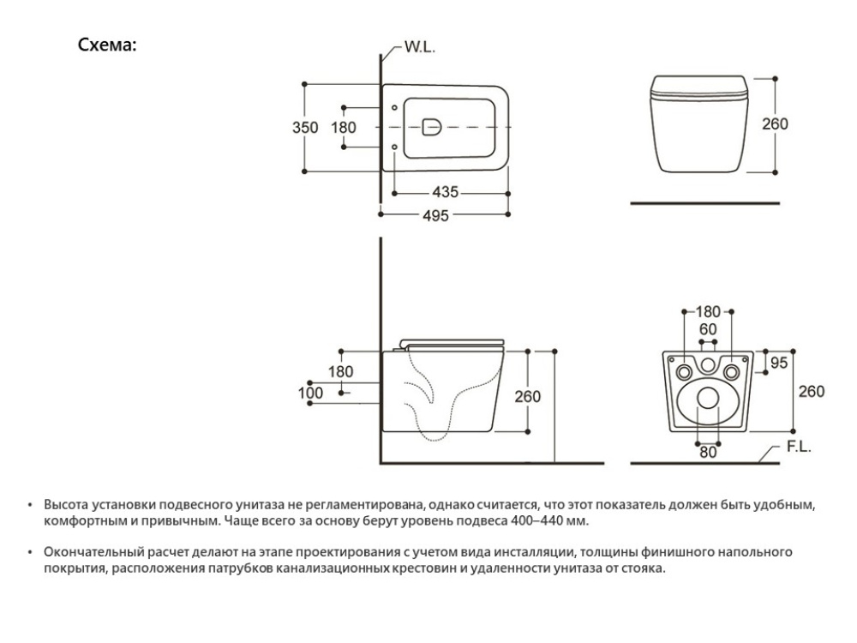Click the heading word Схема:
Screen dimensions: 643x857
click(x=107, y=45)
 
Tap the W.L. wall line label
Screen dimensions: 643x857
click(x=420, y=48)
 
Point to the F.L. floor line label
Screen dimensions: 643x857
click(x=798, y=448)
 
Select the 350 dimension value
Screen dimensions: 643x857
click(x=305, y=128)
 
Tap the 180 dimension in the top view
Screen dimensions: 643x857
click(x=343, y=128)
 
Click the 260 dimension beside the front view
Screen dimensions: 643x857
click(x=776, y=123)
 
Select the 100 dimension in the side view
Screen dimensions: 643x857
click(x=310, y=393)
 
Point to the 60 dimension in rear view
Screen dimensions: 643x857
click(x=708, y=330)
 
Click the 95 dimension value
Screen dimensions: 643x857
click(x=778, y=363)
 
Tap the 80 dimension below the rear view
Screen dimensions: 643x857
click(x=707, y=453)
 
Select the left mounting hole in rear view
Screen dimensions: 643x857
click(x=685, y=372)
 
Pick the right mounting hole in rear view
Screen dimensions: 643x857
click(x=730, y=372)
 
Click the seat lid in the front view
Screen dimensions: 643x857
click(x=700, y=84)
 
